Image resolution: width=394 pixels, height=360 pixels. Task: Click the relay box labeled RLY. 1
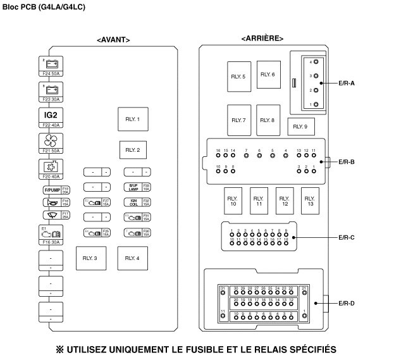(x=132, y=119)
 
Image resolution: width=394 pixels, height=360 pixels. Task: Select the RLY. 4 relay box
(x=132, y=258)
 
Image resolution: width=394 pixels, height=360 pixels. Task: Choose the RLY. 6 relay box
(x=269, y=75)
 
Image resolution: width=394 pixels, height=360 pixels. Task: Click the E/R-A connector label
(x=347, y=83)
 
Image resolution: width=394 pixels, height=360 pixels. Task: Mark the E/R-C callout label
(x=347, y=238)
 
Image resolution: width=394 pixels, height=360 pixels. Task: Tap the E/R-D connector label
(x=347, y=303)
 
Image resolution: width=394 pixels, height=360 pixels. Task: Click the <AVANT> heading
(x=113, y=39)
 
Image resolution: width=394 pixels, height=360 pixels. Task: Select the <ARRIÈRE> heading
(x=262, y=39)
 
